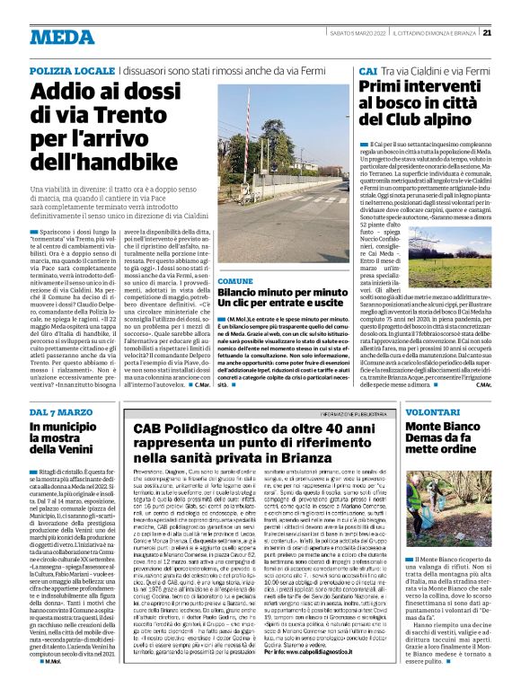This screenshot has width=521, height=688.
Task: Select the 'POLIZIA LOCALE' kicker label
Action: [x=71, y=69]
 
